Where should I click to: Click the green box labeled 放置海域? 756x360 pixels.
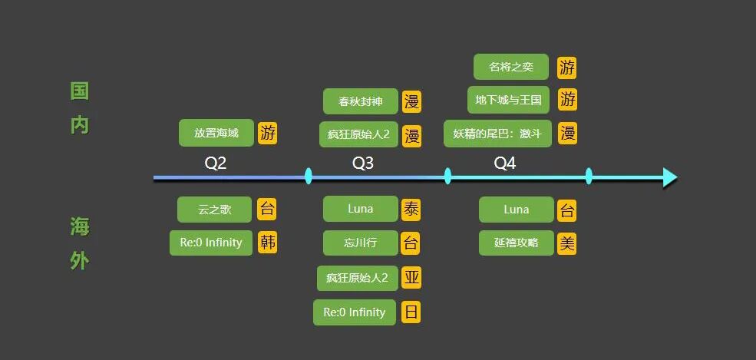point(216,133)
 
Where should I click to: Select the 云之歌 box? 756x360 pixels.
point(215,210)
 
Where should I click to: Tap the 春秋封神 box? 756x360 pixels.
point(360,101)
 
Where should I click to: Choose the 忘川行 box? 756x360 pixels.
point(360,243)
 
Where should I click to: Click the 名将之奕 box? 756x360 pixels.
point(510,67)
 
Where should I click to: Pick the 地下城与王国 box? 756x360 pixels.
point(508,100)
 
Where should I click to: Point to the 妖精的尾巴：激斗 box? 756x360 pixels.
point(497,134)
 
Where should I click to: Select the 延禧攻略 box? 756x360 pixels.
point(516,243)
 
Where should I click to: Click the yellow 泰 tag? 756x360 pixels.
point(411,209)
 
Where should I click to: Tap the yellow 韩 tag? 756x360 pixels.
point(267,243)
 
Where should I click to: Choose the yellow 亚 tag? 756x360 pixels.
point(411,278)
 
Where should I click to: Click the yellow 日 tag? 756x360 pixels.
point(411,312)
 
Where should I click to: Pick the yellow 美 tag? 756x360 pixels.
point(566,243)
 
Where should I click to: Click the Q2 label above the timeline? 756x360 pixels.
point(216,163)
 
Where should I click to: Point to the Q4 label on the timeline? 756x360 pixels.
point(504,163)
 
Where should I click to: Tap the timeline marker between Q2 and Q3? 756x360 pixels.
point(309,177)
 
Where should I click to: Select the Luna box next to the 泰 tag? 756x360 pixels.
point(360,209)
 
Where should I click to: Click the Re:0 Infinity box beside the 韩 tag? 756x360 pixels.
point(211,243)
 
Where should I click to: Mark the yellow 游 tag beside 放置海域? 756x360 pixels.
point(267,133)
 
